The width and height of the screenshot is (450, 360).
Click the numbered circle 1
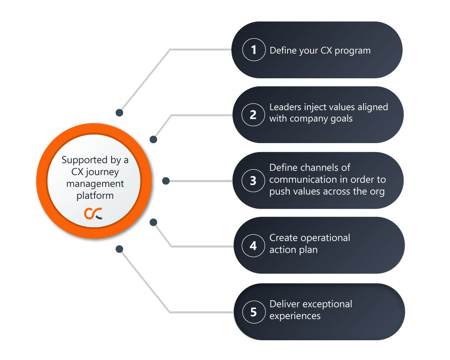click(253, 50)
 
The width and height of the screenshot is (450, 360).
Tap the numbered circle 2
click(253, 115)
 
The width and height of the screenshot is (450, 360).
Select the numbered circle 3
click(253, 180)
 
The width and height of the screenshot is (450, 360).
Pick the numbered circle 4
click(253, 246)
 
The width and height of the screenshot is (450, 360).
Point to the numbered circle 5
click(253, 311)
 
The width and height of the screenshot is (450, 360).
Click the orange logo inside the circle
click(93, 214)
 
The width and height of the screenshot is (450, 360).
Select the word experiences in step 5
click(295, 316)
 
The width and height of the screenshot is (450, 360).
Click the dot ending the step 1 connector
click(119, 112)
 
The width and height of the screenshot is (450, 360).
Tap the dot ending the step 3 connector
click(166, 181)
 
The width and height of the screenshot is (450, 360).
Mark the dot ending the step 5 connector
click(119, 248)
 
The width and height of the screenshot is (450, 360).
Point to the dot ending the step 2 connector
click(153, 139)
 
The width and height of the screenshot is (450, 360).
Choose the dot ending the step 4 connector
click(153, 222)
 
